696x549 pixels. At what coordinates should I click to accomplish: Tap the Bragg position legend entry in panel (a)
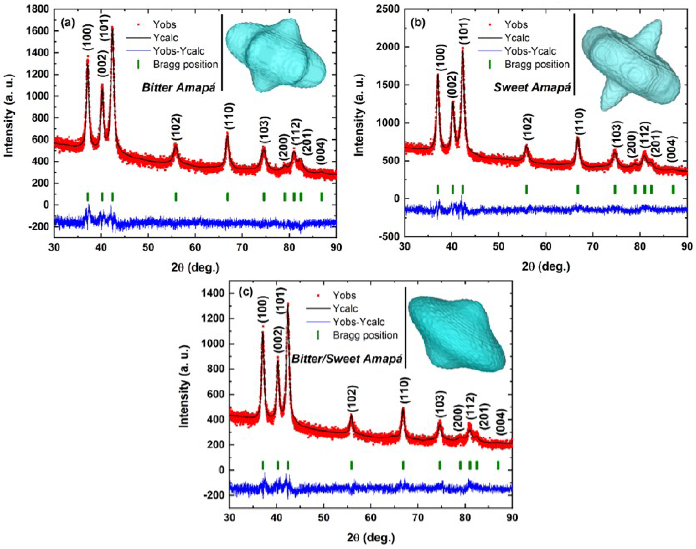point(186,64)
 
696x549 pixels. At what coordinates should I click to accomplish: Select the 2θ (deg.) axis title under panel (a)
point(195,267)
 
